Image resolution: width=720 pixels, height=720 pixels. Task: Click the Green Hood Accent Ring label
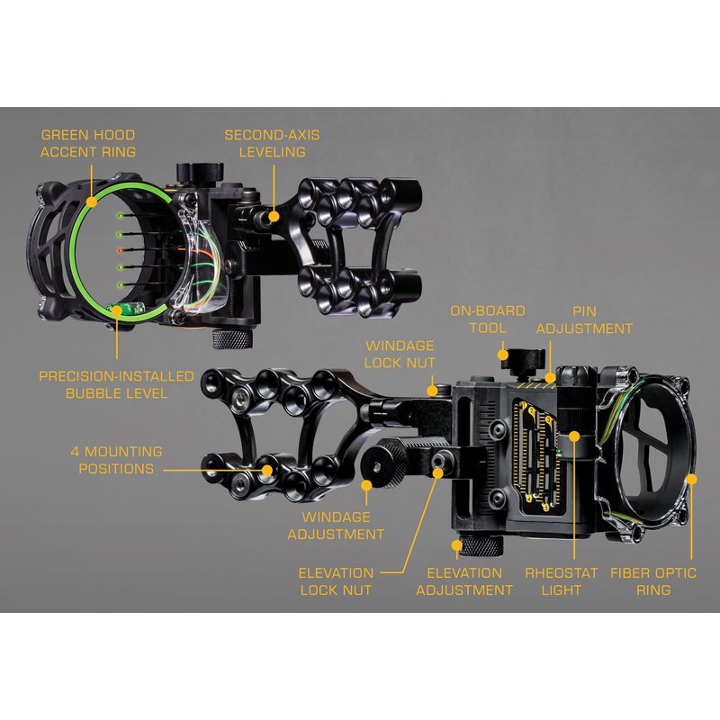click(87, 143)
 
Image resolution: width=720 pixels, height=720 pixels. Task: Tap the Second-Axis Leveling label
click(273, 143)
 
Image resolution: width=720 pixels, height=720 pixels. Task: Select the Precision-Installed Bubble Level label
click(116, 385)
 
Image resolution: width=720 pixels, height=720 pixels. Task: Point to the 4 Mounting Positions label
click(116, 460)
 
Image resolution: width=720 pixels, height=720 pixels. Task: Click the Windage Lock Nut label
click(400, 354)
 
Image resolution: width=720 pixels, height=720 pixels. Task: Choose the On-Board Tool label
click(488, 319)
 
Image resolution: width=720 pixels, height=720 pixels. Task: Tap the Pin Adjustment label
click(584, 320)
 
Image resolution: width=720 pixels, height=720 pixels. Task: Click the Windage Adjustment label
click(336, 526)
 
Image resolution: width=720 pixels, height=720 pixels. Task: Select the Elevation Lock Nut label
click(336, 581)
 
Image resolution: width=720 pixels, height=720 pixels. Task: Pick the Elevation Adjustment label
click(464, 581)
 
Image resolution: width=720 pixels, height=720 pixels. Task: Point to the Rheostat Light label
click(561, 581)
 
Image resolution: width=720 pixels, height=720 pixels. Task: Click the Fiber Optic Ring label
click(653, 581)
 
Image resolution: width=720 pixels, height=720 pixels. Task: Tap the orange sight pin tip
click(121, 250)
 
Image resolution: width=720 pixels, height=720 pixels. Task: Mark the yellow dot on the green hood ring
click(92, 202)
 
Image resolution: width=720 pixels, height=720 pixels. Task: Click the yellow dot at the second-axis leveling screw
click(274, 216)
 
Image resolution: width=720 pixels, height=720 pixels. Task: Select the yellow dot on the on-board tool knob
click(503, 355)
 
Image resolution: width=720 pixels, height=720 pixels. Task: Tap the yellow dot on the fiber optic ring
click(691, 480)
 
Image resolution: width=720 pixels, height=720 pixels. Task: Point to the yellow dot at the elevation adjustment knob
click(457, 545)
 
